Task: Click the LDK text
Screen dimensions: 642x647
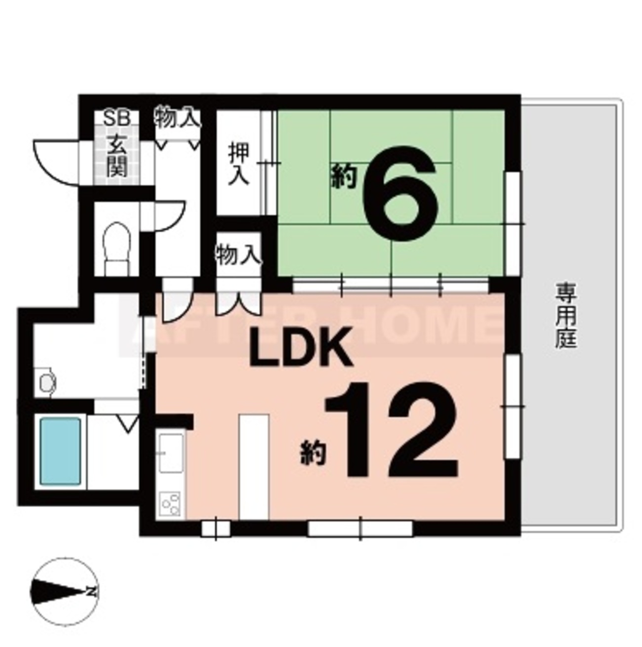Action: [x=301, y=347]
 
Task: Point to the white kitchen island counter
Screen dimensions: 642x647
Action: [x=254, y=467]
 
